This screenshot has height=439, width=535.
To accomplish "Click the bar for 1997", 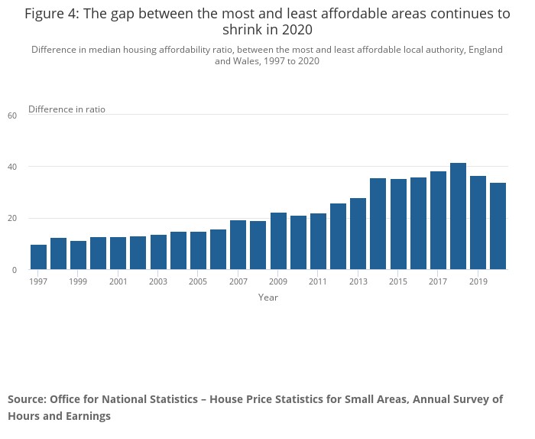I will pos(38,257).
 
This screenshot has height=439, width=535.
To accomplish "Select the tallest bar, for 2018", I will pos(458,216).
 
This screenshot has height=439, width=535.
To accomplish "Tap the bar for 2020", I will pos(498,226).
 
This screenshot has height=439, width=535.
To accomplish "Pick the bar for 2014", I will pos(378,224).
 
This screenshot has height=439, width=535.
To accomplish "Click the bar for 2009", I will pos(278,241).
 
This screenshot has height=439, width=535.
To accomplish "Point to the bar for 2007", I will pos(238,245).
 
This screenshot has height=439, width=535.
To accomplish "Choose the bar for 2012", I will pos(338,236).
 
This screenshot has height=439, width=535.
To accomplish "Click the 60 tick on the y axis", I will pos(12,115).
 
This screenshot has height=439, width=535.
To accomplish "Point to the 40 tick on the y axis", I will pos(12,167).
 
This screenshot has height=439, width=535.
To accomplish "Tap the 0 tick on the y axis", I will pos(14,270).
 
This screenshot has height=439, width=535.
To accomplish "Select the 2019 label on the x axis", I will pos(478,282).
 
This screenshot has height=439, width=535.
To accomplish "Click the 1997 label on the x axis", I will pos(38,282).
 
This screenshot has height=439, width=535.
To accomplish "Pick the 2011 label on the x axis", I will pos(318,282).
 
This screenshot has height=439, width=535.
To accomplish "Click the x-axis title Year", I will pos(268,298).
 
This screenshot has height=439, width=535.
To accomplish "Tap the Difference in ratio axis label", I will pos(66,109).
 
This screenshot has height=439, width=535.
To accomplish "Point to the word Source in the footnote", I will pos(27,399).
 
